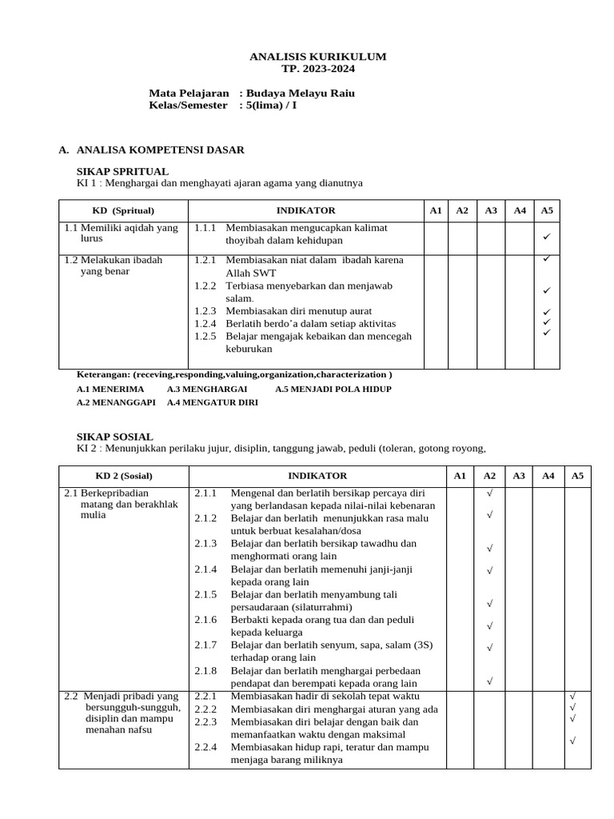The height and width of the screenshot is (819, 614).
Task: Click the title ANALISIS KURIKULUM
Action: [x=317, y=57]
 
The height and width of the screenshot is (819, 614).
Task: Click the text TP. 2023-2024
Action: [x=317, y=69]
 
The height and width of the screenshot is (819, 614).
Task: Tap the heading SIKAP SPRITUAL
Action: [x=122, y=171]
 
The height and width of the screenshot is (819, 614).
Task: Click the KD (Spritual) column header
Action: [x=123, y=210]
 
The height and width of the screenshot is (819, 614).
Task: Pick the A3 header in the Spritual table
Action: [x=491, y=210]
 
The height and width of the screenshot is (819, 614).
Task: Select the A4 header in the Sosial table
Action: [x=548, y=475]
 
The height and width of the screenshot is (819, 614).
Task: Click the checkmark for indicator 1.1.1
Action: [x=547, y=237]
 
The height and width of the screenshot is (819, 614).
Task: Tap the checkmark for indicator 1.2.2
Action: [x=547, y=290]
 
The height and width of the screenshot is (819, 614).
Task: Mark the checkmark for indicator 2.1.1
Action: [x=489, y=493]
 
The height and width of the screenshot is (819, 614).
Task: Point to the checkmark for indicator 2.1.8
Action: [x=489, y=681]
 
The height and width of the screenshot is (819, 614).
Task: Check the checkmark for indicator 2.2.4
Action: [x=573, y=741]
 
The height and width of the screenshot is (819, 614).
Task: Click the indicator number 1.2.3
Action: [x=205, y=310]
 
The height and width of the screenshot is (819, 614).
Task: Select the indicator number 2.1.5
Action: [x=205, y=594]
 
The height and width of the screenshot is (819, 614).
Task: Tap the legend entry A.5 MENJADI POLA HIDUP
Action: [x=333, y=390]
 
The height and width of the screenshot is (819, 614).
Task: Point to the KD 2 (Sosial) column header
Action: [x=124, y=475]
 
